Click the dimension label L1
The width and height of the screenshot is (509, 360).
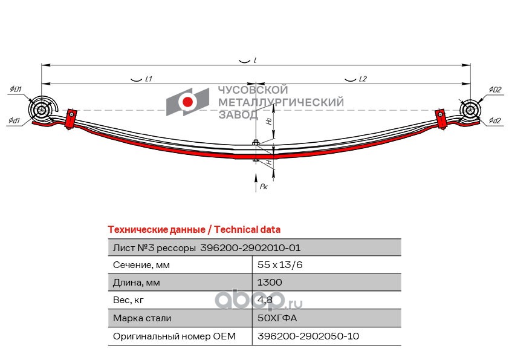148,79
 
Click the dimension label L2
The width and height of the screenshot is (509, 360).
362,79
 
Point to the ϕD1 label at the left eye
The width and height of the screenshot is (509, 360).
16,90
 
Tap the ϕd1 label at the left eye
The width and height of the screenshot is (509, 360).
15,121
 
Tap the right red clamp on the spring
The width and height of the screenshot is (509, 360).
442,118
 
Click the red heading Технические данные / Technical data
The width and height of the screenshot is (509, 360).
193,230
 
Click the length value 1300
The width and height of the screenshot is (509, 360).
270,283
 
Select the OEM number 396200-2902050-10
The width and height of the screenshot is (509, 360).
308,336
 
